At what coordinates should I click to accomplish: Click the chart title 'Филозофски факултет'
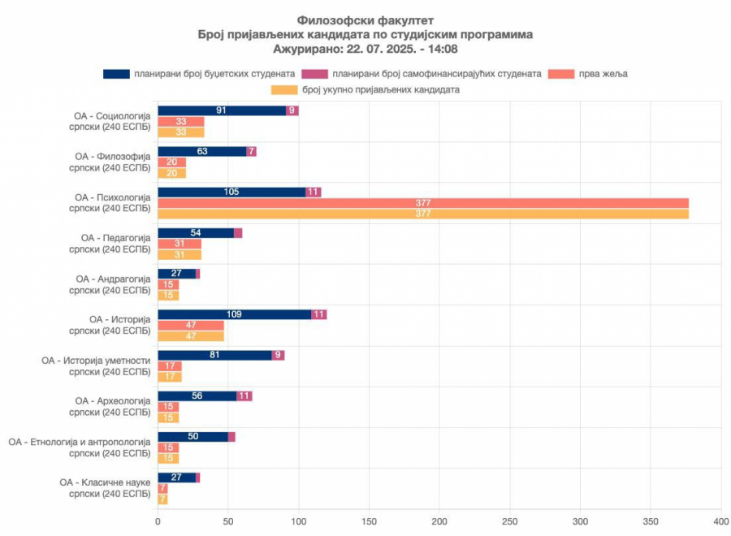(x=365, y=20)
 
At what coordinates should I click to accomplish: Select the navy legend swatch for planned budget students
(x=116, y=74)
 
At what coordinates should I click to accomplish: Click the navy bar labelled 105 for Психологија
(x=231, y=192)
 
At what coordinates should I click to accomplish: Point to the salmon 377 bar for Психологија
(x=422, y=203)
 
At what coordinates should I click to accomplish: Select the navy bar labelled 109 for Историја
(x=235, y=314)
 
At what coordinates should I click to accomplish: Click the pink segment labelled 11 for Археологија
(x=244, y=396)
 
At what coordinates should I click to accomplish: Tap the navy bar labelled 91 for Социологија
(x=222, y=110)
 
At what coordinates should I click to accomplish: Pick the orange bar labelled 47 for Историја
(x=191, y=335)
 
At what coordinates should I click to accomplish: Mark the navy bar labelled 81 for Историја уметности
(x=214, y=355)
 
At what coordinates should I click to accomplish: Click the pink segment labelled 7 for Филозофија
(x=252, y=151)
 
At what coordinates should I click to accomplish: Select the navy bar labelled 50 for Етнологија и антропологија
(x=192, y=437)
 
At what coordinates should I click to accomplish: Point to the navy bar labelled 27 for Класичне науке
(x=176, y=478)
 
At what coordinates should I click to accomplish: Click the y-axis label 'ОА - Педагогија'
(x=115, y=237)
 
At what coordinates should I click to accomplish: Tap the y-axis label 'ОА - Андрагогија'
(x=113, y=279)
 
